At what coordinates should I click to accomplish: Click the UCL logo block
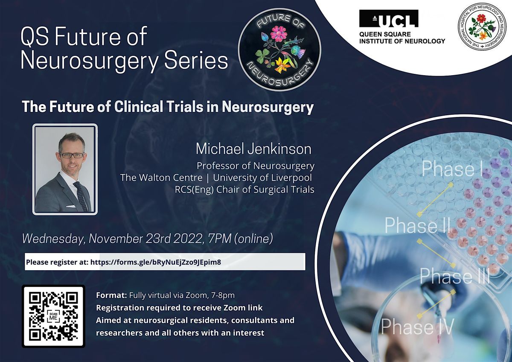tap(389, 18)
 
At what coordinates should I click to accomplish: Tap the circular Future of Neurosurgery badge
tap(279, 50)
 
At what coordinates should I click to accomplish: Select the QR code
tap(53, 316)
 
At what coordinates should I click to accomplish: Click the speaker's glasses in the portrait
tap(72, 155)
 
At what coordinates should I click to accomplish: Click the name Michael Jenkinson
tap(253, 149)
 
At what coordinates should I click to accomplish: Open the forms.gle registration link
tap(156, 262)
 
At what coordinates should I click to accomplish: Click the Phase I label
tap(452, 169)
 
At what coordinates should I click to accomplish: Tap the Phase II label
tap(417, 225)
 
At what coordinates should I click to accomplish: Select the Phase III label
tap(455, 276)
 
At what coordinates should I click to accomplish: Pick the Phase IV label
tap(417, 326)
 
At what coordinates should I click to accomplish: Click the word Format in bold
tap(111, 295)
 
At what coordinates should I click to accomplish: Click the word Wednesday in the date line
tap(54, 239)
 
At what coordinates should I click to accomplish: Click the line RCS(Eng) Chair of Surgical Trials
tap(244, 190)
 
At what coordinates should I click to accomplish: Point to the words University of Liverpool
tap(262, 178)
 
